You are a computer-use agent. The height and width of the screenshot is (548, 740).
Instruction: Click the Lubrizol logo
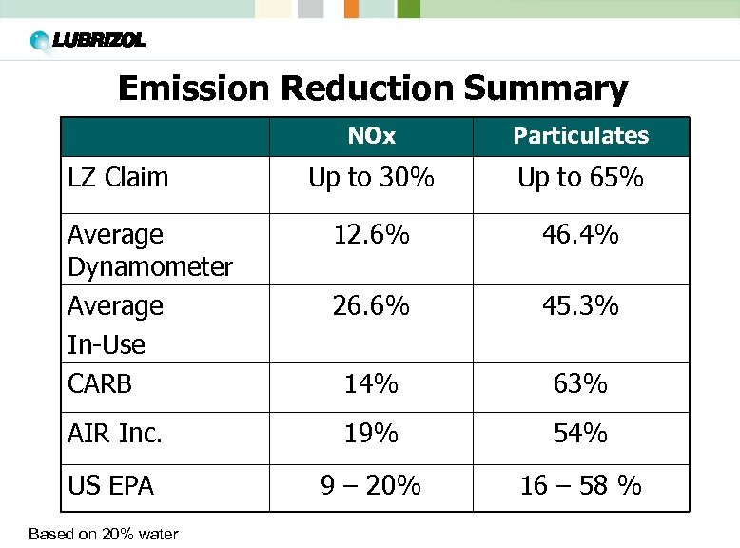coord(88,41)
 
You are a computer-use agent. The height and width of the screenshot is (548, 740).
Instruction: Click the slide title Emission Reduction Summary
coord(372,88)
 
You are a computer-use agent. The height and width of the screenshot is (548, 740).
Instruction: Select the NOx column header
coord(371,136)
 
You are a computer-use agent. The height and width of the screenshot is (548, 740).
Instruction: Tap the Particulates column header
coord(580,136)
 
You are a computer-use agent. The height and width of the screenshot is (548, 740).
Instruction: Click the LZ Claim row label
coord(118,177)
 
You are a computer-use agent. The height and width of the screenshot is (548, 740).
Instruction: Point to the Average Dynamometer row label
coord(150,250)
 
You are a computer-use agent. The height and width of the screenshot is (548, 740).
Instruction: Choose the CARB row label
coord(100,384)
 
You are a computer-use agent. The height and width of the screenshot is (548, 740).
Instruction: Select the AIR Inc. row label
coord(115,434)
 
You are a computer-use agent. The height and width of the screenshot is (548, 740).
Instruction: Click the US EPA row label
coord(110,486)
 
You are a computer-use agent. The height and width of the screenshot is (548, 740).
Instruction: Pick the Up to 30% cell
coord(371,178)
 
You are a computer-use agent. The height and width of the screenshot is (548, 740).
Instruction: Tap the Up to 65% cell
coord(580,178)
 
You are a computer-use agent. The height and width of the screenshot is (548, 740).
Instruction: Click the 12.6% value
coord(371,234)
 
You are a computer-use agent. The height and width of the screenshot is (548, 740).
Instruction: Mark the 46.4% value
coord(580,234)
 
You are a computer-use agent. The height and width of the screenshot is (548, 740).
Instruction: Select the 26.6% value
coord(371,306)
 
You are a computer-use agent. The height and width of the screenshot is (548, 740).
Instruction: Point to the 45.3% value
coord(580,306)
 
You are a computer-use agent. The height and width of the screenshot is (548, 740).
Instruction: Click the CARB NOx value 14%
coord(371,384)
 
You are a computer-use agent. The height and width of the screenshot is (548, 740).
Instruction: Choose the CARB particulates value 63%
coord(580,384)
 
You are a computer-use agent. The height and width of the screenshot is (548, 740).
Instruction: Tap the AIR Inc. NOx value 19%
coord(371,434)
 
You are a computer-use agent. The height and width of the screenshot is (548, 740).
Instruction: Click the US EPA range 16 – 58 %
coord(580,486)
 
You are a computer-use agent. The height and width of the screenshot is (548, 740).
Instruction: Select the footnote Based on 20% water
coord(90,534)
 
